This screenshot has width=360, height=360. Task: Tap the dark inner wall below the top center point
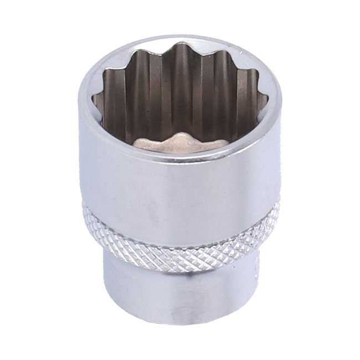point(180,83)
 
